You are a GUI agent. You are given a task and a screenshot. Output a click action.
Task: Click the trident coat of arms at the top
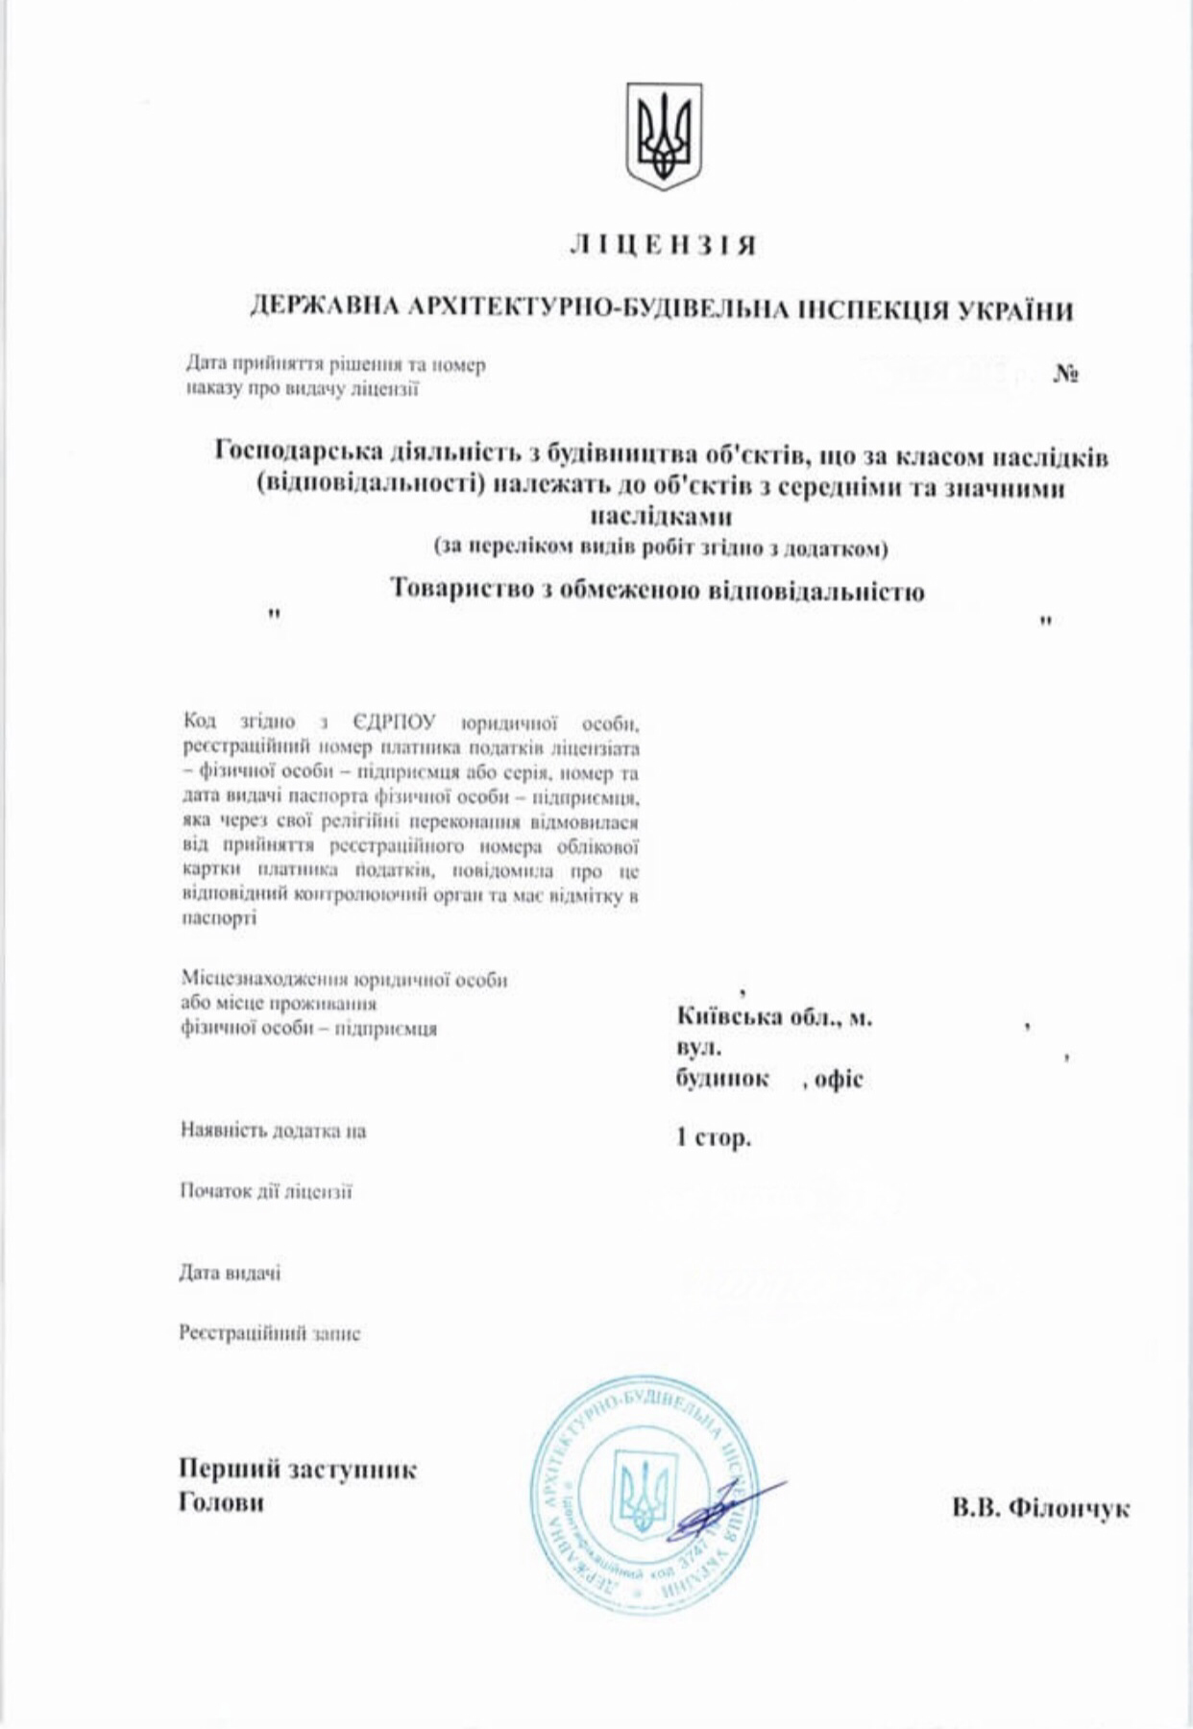click(664, 135)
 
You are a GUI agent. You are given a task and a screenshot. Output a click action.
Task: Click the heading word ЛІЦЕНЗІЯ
click(664, 246)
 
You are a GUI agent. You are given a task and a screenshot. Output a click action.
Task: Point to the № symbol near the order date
click(1066, 375)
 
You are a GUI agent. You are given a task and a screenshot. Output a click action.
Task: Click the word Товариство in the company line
click(455, 589)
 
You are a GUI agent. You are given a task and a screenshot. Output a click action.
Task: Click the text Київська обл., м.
click(774, 1017)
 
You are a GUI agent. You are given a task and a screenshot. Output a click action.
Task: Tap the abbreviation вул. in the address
click(698, 1048)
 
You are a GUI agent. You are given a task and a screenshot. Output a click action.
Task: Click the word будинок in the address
click(722, 1079)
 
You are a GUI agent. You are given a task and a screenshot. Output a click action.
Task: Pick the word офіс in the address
click(840, 1080)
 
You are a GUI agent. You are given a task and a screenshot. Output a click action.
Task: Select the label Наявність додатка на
click(274, 1131)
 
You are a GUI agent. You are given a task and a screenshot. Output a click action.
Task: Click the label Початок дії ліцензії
click(266, 1191)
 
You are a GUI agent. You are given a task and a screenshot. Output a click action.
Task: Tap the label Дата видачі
click(230, 1274)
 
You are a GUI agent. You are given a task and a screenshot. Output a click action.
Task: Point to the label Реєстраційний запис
click(270, 1333)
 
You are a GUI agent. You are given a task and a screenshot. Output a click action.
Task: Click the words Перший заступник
click(298, 1470)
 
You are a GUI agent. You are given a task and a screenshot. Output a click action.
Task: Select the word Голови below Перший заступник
click(221, 1502)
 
